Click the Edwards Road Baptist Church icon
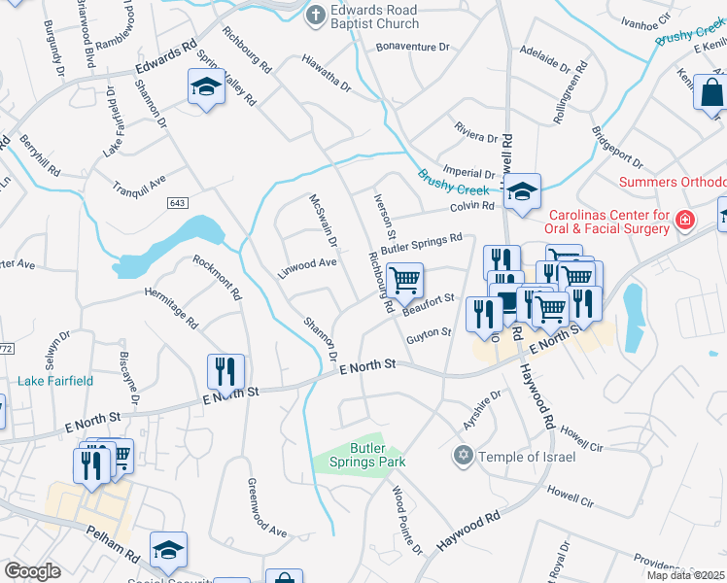(x=316, y=17)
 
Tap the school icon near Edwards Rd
(x=205, y=87)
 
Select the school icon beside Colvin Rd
(x=522, y=190)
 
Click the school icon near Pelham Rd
(x=168, y=550)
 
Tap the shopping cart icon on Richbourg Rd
(x=405, y=280)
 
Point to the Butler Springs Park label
(x=364, y=456)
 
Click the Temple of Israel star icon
(x=464, y=456)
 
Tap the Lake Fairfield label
(x=55, y=381)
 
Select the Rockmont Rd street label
(x=217, y=277)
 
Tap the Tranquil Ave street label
(x=139, y=184)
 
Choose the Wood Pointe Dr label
(x=407, y=522)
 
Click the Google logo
(x=32, y=571)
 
